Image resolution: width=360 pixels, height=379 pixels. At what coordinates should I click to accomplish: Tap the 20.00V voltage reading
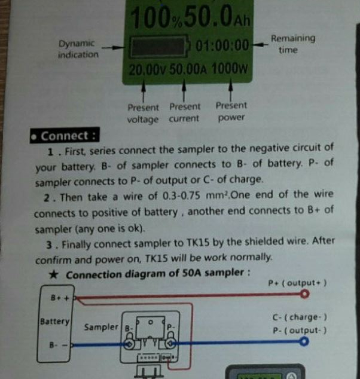click(x=145, y=69)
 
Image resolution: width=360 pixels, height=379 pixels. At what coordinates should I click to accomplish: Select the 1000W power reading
click(x=229, y=69)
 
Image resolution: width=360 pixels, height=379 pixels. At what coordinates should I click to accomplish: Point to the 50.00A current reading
click(x=188, y=69)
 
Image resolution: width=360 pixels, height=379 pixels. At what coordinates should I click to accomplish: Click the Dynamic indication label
click(x=77, y=49)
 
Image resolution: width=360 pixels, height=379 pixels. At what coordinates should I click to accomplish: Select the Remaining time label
click(x=292, y=44)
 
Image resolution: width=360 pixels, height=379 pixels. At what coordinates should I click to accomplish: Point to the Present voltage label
click(x=143, y=114)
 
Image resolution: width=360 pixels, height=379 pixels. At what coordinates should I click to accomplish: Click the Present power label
click(x=231, y=111)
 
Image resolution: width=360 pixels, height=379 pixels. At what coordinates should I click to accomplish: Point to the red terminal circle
click(x=306, y=295)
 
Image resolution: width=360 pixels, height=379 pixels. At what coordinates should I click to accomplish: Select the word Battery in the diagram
click(x=54, y=321)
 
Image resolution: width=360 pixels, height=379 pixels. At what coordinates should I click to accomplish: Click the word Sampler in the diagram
click(x=101, y=327)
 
